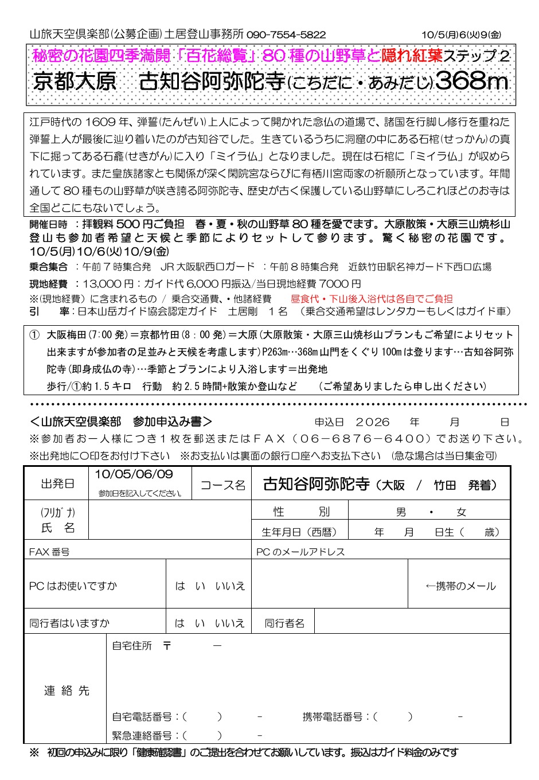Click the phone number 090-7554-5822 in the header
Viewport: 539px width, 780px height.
coord(286,34)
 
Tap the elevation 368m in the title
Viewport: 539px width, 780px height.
coord(471,81)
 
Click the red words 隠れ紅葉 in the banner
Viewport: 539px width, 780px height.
coord(412,56)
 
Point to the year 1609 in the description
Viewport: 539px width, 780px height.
coord(101,122)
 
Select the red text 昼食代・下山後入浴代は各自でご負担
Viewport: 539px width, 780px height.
coord(372,298)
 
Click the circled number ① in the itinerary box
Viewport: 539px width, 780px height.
coord(34,335)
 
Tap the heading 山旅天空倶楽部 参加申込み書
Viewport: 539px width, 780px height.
coord(122,422)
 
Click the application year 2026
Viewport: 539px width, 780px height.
coord(372,422)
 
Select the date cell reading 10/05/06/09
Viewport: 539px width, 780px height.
coord(134,474)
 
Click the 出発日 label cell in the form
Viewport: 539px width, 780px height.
coord(57,484)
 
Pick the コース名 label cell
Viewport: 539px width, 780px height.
coord(222,485)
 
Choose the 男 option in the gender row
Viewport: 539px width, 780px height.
coord(401,512)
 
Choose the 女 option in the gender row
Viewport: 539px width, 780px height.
coord(461,512)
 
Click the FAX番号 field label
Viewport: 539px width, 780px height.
coord(49,552)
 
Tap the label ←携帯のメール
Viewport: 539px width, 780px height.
coord(460,586)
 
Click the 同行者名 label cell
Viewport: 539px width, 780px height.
coord(284,623)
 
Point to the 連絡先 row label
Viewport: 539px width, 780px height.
coord(67,691)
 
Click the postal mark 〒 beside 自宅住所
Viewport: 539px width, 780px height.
coord(167,646)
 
